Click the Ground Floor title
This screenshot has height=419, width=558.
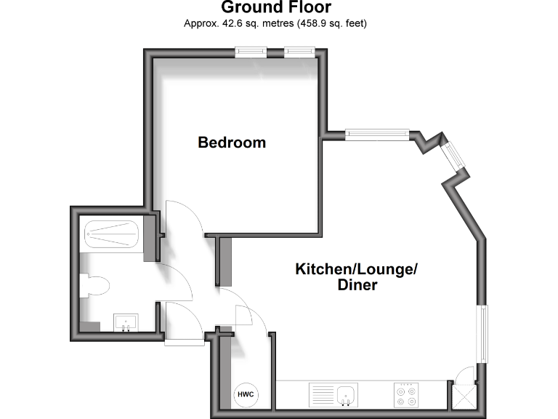pyautogui.click(x=276, y=8)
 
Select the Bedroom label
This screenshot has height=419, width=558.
pyautogui.click(x=232, y=143)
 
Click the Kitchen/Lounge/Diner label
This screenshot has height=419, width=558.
pyautogui.click(x=357, y=277)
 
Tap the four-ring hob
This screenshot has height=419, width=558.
pyautogui.click(x=407, y=395)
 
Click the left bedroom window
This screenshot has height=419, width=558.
pyautogui.click(x=251, y=52)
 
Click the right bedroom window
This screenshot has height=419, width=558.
pyautogui.click(x=299, y=52)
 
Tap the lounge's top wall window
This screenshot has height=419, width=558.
pyautogui.click(x=378, y=134)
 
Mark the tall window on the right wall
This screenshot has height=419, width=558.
pyautogui.click(x=482, y=333)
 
